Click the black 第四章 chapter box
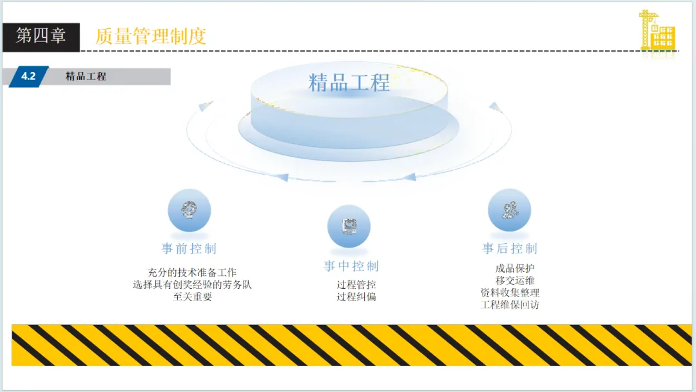[x=41, y=36]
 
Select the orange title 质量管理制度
[x=151, y=36]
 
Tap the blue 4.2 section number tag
[x=28, y=76]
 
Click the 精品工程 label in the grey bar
[x=86, y=76]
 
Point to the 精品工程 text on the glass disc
[x=349, y=83]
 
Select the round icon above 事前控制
[x=189, y=210]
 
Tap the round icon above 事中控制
[x=349, y=226]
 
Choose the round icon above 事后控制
[x=509, y=210]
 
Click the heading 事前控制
[x=189, y=249]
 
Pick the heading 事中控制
[x=351, y=266]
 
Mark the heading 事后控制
[x=509, y=249]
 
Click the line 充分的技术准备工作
[x=192, y=273]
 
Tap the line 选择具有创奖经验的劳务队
[x=192, y=284]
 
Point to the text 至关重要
[x=192, y=297]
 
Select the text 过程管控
[x=356, y=284]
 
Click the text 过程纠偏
[x=356, y=297]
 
